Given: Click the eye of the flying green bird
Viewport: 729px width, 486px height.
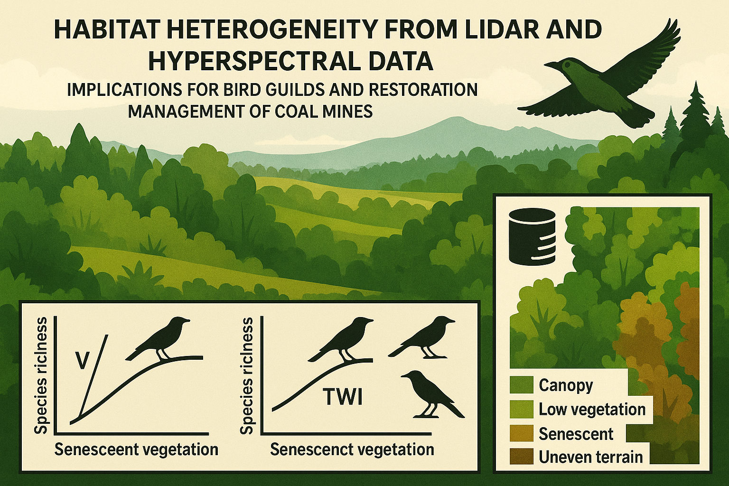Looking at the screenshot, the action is (568, 65).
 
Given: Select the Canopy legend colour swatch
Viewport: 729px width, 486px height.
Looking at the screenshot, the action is (522, 385).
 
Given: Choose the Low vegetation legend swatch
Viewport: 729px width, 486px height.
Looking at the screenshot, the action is (522, 409).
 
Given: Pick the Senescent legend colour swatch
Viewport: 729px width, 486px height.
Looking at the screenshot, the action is (522, 433).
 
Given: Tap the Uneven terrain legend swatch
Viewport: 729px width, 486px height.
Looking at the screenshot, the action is (522, 457).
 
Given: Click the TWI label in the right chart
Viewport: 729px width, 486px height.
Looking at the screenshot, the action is (343, 397).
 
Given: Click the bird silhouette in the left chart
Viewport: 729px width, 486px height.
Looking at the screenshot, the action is (158, 338).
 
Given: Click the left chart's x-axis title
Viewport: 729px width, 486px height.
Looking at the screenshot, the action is (136, 449).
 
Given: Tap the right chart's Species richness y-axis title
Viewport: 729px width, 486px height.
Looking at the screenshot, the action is (246, 375).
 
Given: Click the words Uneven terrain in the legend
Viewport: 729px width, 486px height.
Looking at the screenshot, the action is (591, 457).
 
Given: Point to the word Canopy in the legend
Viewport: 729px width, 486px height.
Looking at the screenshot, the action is (566, 386).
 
